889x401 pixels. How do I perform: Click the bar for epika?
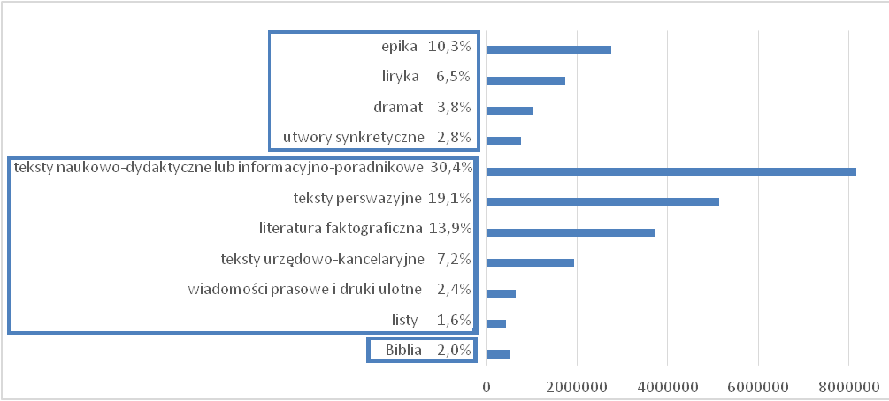click(x=548, y=49)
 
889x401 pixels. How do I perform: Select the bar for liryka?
click(x=525, y=80)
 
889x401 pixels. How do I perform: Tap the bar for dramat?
click(x=510, y=110)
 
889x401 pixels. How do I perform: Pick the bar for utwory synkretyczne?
click(x=503, y=140)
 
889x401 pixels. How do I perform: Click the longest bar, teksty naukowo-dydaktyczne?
click(x=671, y=171)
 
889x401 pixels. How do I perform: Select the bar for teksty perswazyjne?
click(x=602, y=201)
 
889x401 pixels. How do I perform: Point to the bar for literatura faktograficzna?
click(x=571, y=232)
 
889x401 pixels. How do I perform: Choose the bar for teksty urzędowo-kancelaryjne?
click(x=530, y=262)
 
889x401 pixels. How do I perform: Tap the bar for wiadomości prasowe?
click(x=501, y=293)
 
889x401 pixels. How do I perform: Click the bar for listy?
click(x=496, y=323)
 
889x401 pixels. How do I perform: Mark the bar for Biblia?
click(x=498, y=354)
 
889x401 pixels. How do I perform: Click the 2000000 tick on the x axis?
click(x=577, y=385)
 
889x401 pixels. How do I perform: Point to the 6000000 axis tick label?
click(x=758, y=385)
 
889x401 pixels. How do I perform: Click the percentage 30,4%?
click(x=451, y=167)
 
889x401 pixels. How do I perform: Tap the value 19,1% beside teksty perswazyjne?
click(x=451, y=198)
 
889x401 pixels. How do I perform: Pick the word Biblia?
click(x=404, y=351)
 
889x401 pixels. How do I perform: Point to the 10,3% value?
click(x=449, y=46)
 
